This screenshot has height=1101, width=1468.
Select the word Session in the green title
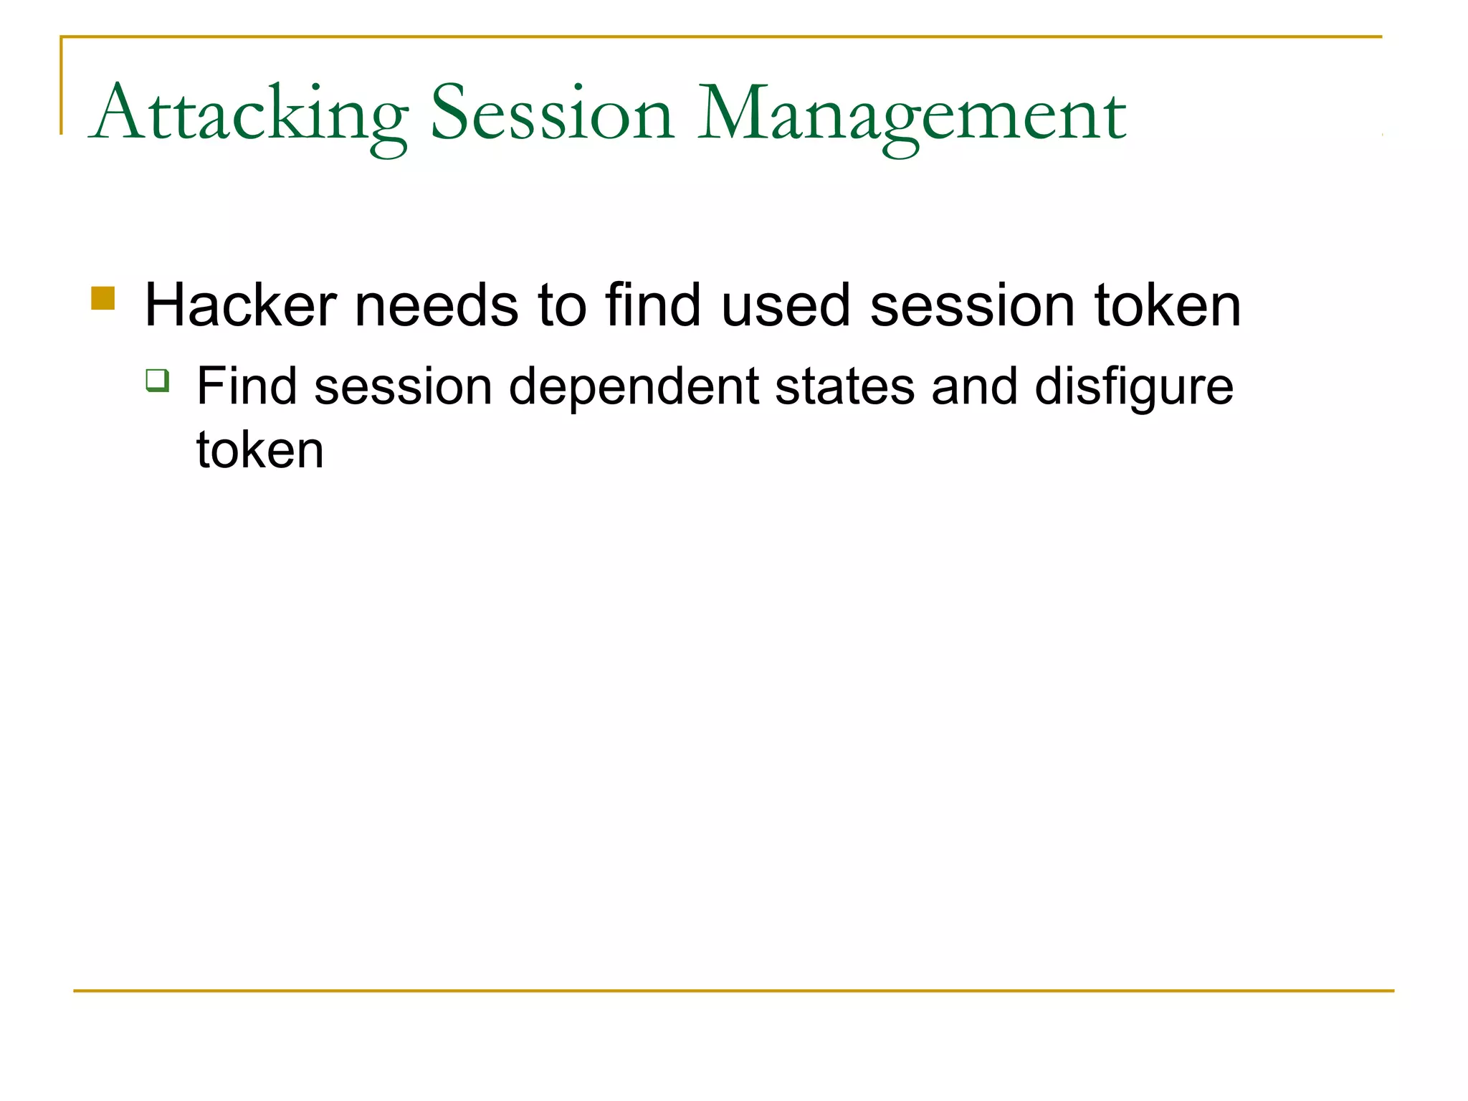point(552,115)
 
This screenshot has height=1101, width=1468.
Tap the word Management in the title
point(912,115)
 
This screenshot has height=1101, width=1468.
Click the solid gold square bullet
point(103,298)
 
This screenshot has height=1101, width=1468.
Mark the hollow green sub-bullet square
point(157,380)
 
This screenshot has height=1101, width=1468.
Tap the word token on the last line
point(260,450)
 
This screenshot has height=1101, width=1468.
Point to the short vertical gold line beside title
point(61,86)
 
